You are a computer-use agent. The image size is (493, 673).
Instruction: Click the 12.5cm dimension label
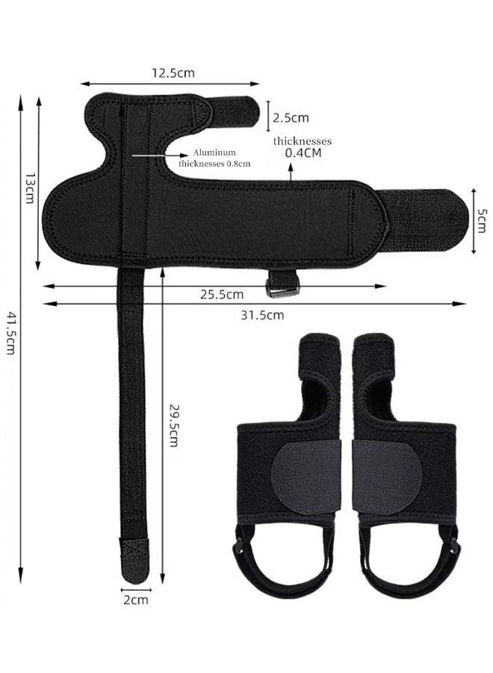173,73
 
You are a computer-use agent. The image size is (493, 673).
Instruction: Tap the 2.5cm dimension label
291,117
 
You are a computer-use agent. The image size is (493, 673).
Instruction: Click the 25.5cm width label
222,295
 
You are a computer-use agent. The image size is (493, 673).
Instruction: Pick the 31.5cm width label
262,316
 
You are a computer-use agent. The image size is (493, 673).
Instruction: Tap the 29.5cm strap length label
173,425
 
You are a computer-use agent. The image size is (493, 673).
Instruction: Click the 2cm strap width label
136,600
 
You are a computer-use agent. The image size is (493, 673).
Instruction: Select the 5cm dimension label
483,221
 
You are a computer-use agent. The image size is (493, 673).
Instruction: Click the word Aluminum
214,153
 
